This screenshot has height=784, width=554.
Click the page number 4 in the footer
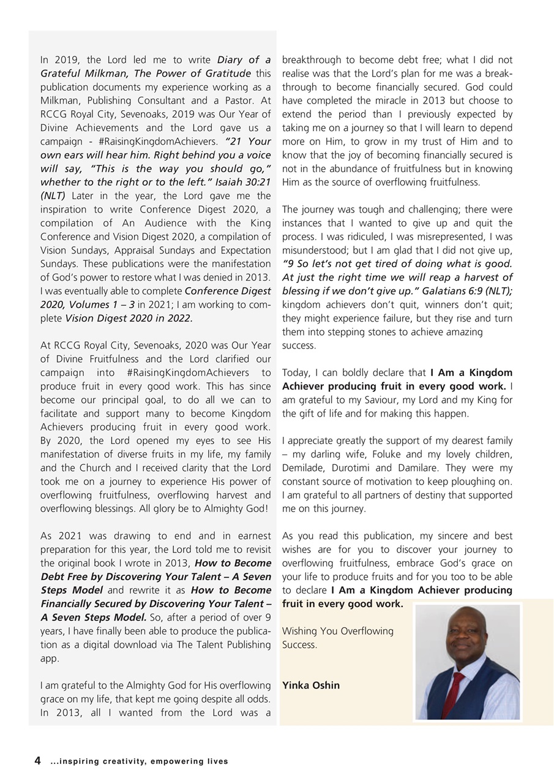pyautogui.click(x=37, y=761)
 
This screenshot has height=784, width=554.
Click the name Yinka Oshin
pyautogui.click(x=311, y=685)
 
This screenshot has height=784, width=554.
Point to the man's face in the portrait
pyautogui.click(x=466, y=634)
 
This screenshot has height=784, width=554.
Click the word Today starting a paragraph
pyautogui.click(x=296, y=372)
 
